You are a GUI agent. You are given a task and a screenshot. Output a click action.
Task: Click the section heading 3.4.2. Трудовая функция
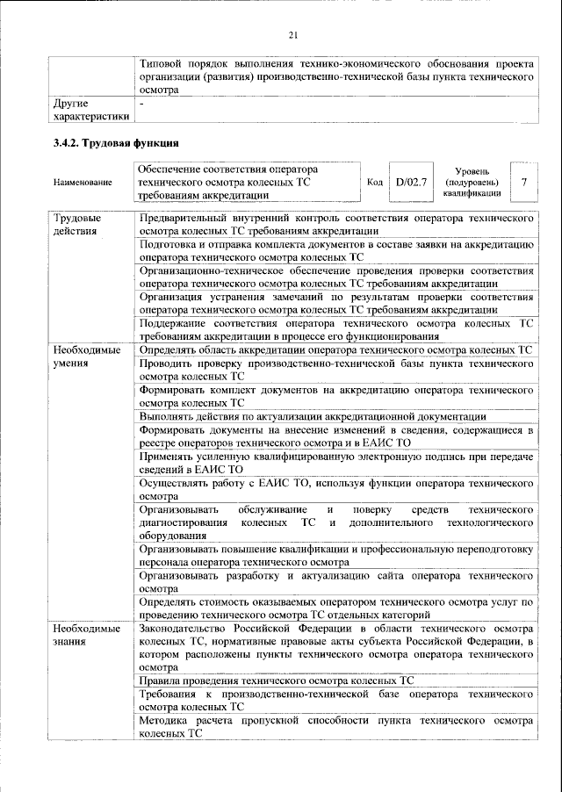pos(117,144)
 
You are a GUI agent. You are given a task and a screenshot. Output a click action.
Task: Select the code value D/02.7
pos(410,182)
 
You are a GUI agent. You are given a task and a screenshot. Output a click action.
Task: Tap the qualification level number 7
pos(523,182)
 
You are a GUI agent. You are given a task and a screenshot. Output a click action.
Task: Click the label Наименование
pos(83,183)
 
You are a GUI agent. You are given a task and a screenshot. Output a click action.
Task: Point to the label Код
pos(374,182)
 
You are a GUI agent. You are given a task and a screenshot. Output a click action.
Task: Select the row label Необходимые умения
pos(87,356)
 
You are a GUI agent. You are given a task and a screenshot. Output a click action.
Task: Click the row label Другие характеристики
pos(91,109)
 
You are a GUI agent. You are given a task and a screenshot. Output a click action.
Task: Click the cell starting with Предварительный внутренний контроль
pos(337,223)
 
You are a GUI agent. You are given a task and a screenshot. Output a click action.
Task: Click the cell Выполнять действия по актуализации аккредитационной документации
pos(313,416)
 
